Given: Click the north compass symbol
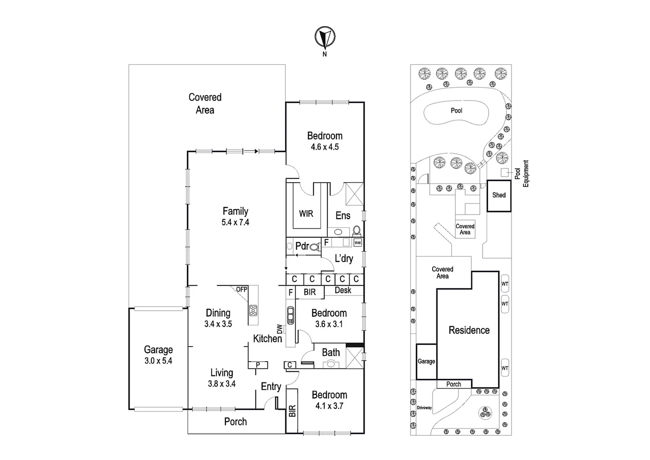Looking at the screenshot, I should pyautogui.click(x=325, y=37).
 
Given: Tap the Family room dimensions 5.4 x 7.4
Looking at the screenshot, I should pyautogui.click(x=235, y=222).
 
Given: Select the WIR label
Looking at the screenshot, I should pyautogui.click(x=306, y=213).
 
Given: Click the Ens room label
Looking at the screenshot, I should pyautogui.click(x=343, y=216).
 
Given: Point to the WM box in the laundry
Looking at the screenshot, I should pyautogui.click(x=358, y=243).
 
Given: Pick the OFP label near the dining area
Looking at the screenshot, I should pyautogui.click(x=242, y=289).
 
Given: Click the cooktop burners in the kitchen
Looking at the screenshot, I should pyautogui.click(x=253, y=310).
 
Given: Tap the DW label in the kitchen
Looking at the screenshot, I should pyautogui.click(x=279, y=329).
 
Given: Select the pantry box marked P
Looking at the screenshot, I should pyautogui.click(x=258, y=365).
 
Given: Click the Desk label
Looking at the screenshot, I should pyautogui.click(x=343, y=290).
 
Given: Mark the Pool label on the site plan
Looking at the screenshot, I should pyautogui.click(x=456, y=111).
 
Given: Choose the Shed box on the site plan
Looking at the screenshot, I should pyautogui.click(x=499, y=195).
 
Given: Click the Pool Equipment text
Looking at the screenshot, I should pyautogui.click(x=522, y=173).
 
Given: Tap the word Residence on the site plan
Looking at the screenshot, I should pyautogui.click(x=469, y=330).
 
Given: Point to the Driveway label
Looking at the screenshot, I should pyautogui.click(x=424, y=408).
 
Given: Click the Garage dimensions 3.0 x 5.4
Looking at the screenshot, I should pyautogui.click(x=158, y=361).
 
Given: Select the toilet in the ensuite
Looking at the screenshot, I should pyautogui.click(x=356, y=231).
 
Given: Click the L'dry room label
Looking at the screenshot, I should pyautogui.click(x=344, y=259).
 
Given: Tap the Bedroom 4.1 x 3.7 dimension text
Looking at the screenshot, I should pyautogui.click(x=329, y=406).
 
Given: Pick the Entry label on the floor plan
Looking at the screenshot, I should pyautogui.click(x=271, y=386).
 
